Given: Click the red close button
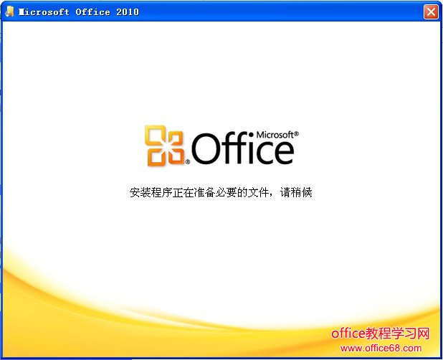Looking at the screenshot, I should tap(430, 11).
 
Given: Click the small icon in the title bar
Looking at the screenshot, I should tap(10, 11).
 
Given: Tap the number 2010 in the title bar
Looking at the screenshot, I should tap(127, 12).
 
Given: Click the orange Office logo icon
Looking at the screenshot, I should tap(165, 146).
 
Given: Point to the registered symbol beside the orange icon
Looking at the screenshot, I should tap(188, 163).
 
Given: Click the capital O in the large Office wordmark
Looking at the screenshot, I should tap(208, 150).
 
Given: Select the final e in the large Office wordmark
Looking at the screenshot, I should tap(284, 152).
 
